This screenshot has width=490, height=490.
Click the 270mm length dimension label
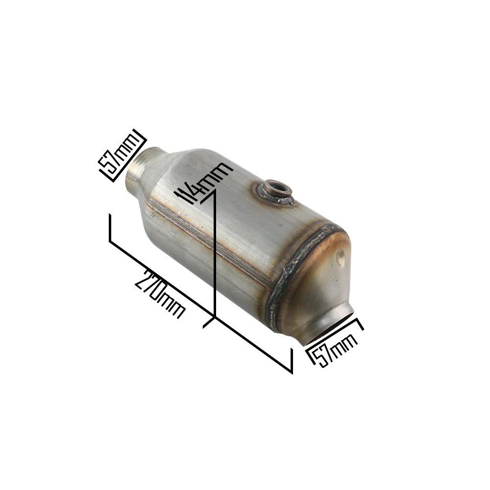[160, 294]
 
